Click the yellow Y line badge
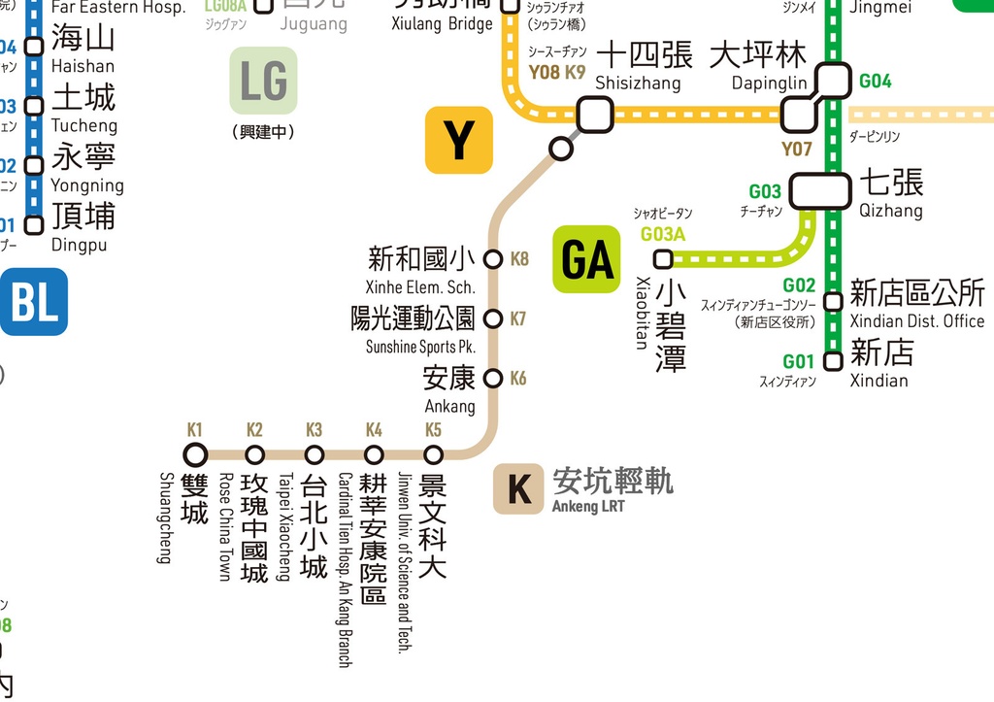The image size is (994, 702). pos(459,140)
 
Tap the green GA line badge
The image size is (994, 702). pos(586,259)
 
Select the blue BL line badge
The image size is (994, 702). pos(33,302)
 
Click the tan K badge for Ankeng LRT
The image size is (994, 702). pos(518,488)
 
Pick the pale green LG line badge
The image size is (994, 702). pos(263,81)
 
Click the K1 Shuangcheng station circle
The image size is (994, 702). pos(196,453)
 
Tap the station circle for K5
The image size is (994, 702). pos(433,454)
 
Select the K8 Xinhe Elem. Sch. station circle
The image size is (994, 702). pos(493,259)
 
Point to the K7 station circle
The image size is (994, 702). pos(493,318)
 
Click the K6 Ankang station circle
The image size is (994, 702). pos(493,378)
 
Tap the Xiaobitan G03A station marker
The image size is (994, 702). pos(663,259)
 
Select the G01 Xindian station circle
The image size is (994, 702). pos(832,361)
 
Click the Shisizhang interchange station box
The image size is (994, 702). pos(594,115)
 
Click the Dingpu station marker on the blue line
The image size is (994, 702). pos(34,225)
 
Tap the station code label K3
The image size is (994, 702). pos(314,430)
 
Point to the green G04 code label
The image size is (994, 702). pos(875,82)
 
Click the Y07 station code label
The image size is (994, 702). pos(796,150)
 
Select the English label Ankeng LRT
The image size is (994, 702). pos(588,506)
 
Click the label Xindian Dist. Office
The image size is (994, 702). pos(916,321)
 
